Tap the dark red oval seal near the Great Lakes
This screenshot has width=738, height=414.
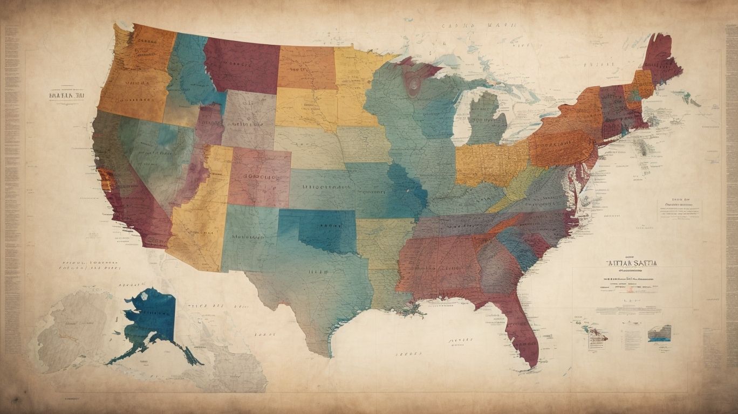[x=414, y=85]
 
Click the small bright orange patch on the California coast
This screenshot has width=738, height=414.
[x=105, y=181]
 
